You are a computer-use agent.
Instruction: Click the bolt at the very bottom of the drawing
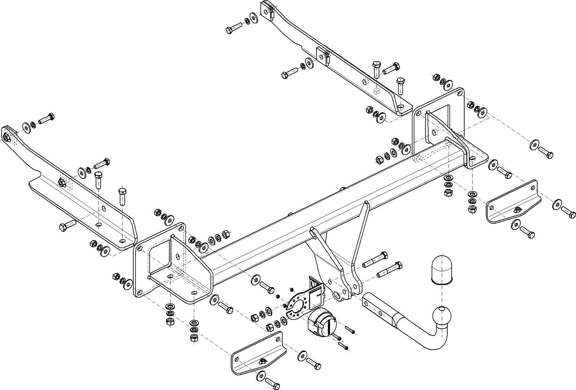(271, 382)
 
